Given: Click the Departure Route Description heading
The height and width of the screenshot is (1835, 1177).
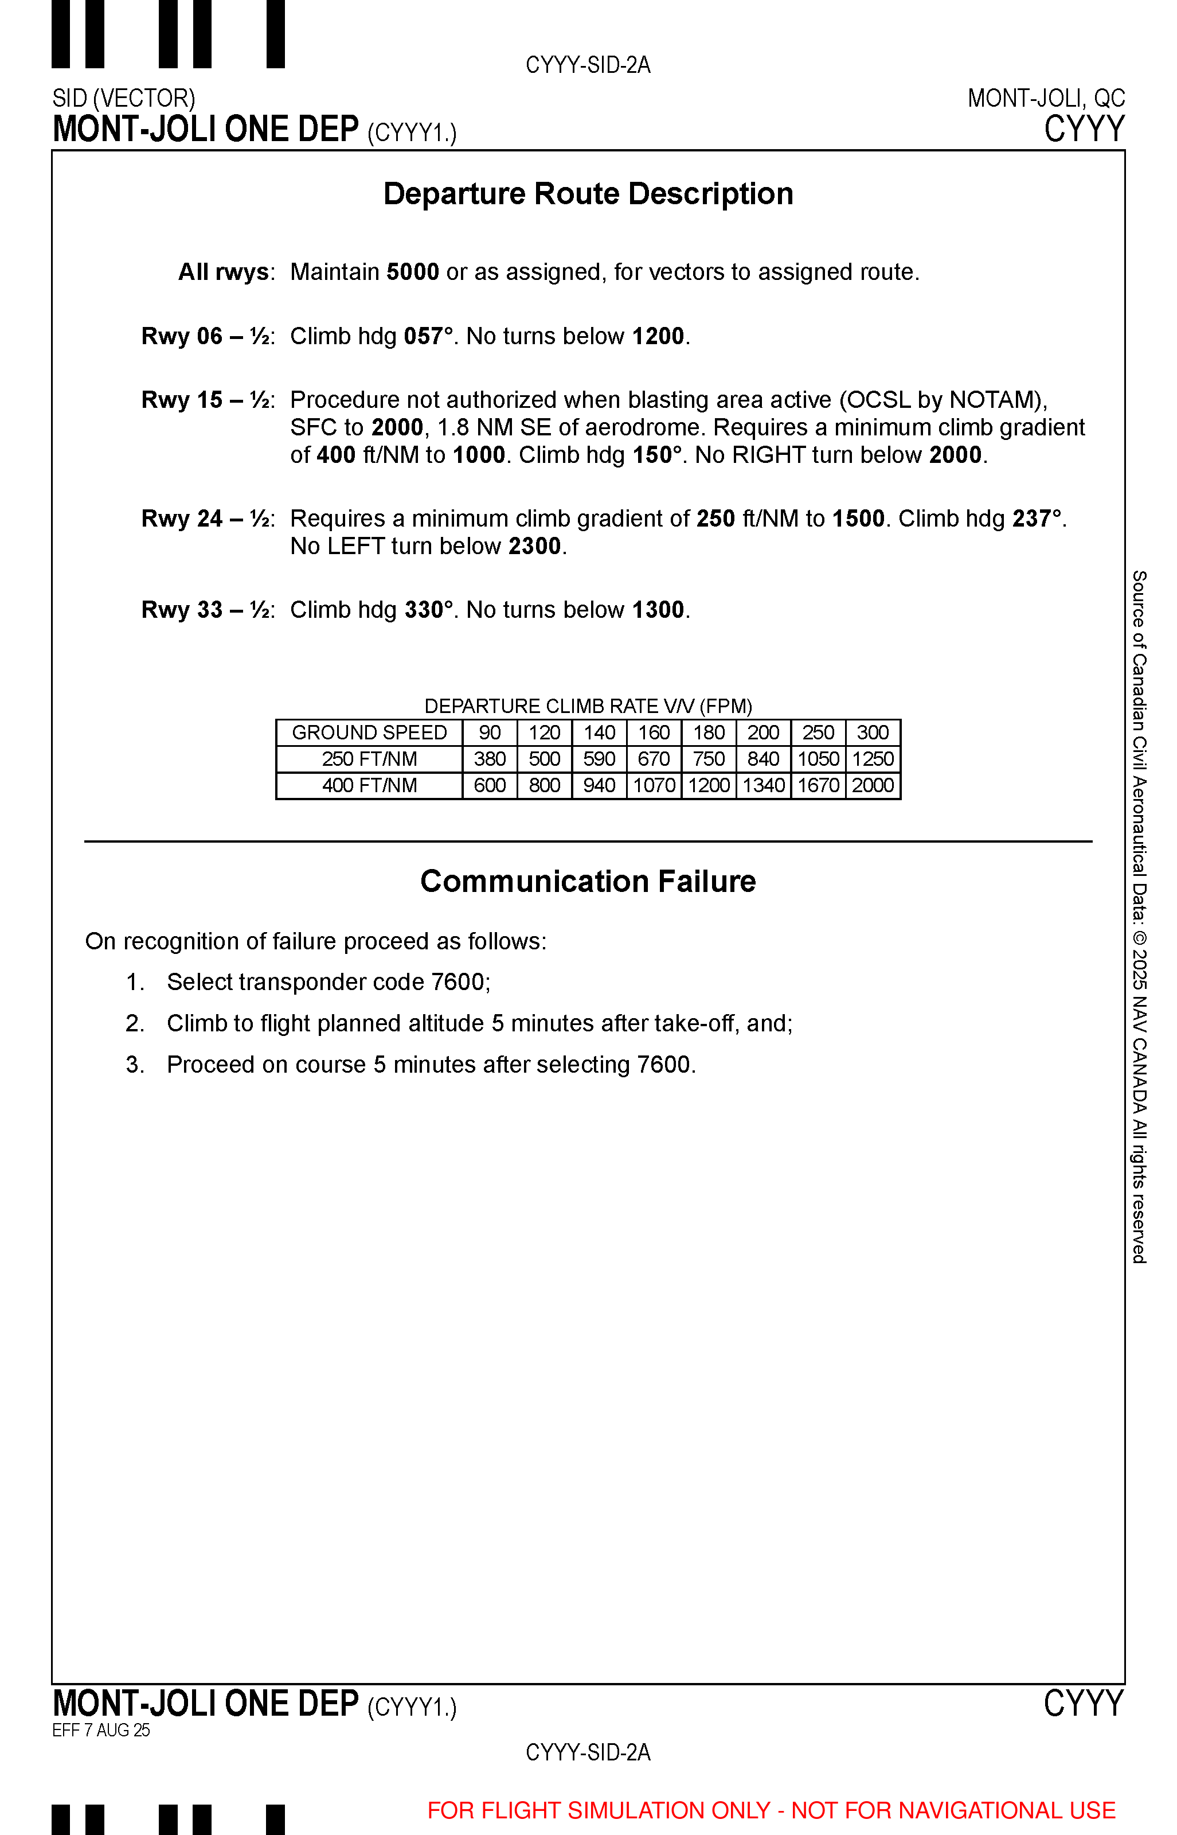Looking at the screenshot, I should [588, 193].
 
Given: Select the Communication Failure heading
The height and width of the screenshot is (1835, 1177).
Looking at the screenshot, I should [588, 881].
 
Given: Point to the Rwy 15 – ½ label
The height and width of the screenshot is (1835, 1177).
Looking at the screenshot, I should [207, 399].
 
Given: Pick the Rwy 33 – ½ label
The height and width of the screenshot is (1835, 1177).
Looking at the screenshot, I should [207, 609].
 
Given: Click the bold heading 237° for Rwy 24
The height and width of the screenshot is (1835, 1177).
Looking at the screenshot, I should [1037, 519].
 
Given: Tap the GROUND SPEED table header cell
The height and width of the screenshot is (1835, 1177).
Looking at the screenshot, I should [369, 733].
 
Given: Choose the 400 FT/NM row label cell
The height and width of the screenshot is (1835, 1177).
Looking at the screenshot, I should [369, 785].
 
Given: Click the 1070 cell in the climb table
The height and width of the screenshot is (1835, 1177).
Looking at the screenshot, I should [654, 785].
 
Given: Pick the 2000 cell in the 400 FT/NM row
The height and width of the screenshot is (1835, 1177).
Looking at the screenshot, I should [873, 785].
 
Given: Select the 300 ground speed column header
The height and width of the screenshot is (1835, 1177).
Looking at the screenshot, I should [873, 733].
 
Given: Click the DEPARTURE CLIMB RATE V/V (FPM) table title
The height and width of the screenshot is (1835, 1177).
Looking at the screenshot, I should [588, 705].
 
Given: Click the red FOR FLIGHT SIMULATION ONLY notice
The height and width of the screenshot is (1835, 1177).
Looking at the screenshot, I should [771, 1810].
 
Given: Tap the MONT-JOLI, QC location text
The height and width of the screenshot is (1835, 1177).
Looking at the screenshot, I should [1046, 98].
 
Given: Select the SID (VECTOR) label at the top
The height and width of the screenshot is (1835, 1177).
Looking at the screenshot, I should [124, 98].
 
